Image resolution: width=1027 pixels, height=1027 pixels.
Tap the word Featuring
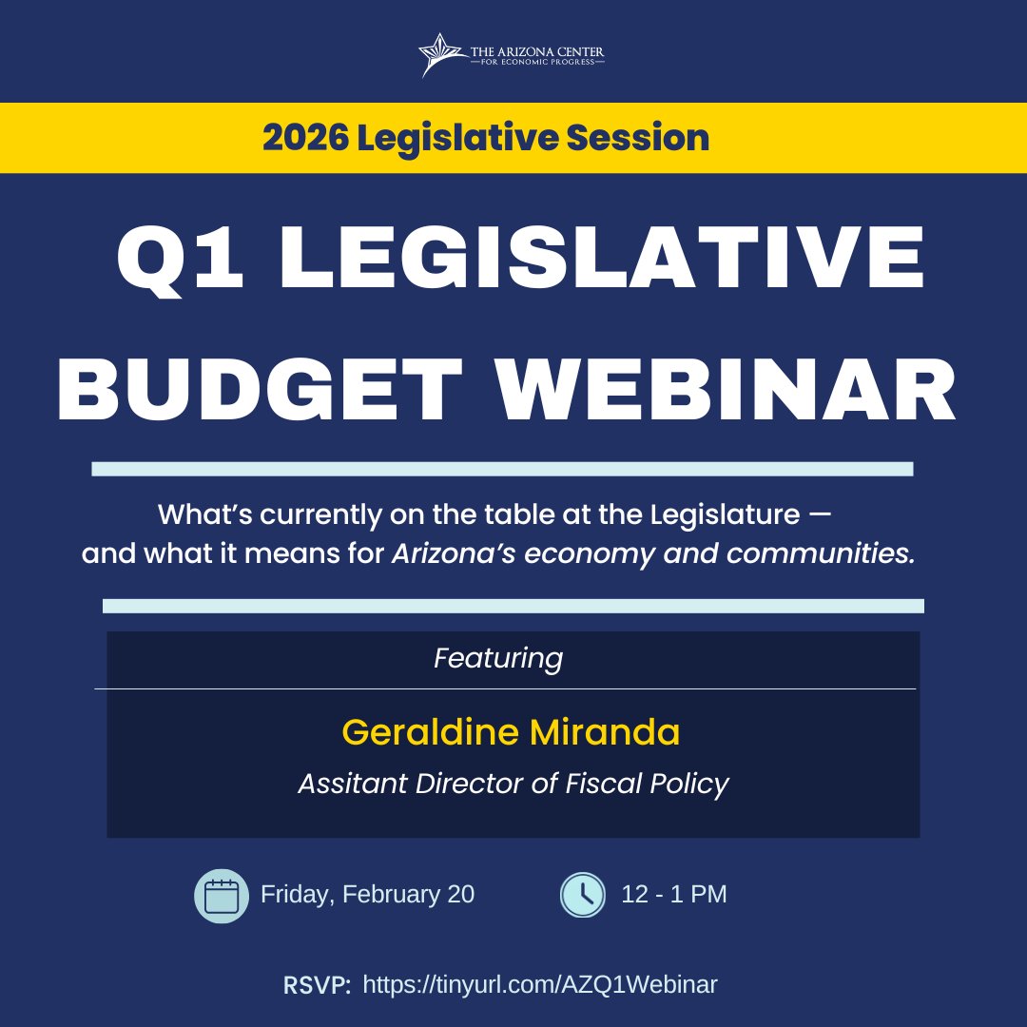[x=498, y=658]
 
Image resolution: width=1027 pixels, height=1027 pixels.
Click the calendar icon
[x=222, y=896]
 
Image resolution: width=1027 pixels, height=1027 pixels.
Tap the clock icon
[x=583, y=895]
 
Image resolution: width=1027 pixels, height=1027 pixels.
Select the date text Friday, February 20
[x=367, y=895]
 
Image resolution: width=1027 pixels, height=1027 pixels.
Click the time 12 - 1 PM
[x=673, y=895]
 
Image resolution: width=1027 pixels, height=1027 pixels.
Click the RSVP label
[x=317, y=985]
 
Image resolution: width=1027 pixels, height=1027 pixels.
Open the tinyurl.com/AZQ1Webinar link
[x=540, y=984]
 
